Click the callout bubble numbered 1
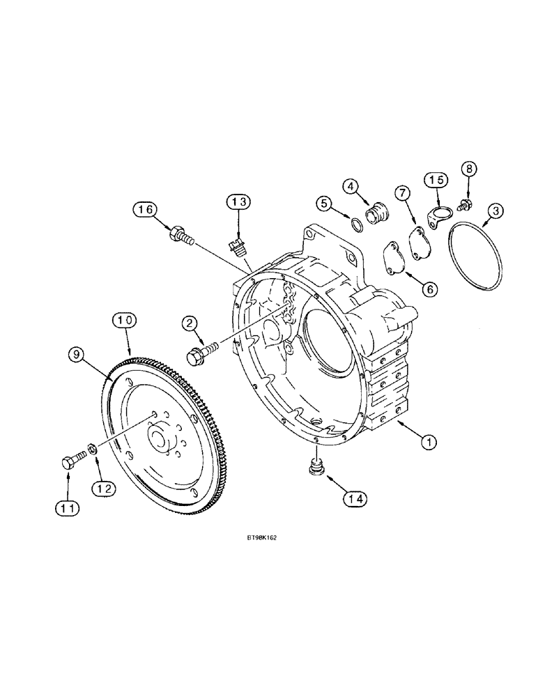tap(430, 442)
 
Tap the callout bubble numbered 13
tap(238, 202)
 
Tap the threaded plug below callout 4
tap(377, 212)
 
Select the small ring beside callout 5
tap(356, 224)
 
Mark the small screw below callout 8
tap(464, 205)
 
